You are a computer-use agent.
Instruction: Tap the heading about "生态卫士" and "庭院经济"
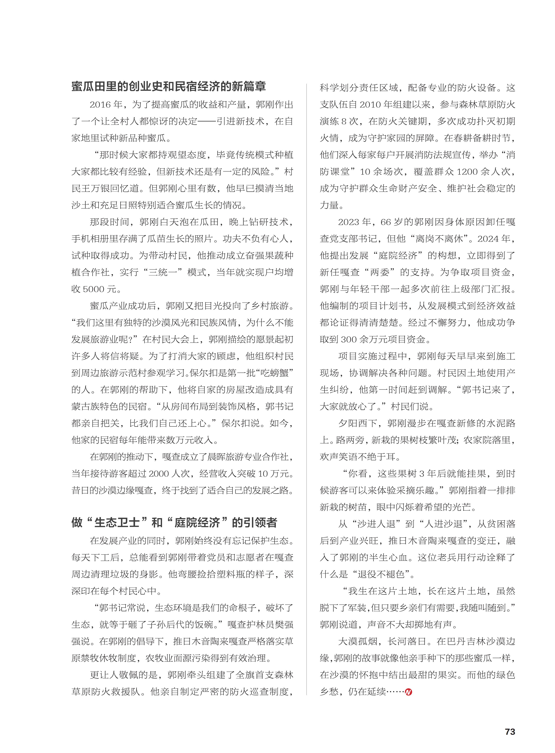(174, 523)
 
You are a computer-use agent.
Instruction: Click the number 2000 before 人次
(159, 474)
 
